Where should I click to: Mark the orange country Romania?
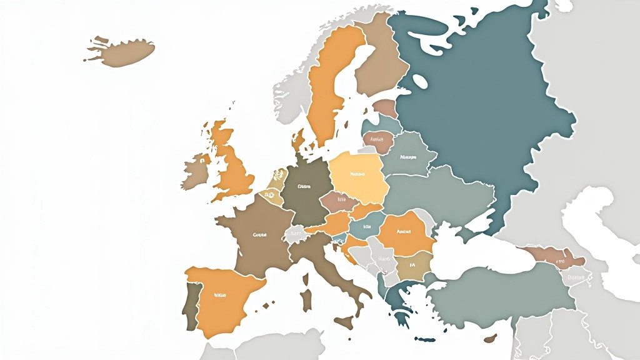pos(404,234)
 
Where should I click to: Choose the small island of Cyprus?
pos(491,338)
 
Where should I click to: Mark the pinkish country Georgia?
pos(553,256)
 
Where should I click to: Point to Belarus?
pos(406,156)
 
